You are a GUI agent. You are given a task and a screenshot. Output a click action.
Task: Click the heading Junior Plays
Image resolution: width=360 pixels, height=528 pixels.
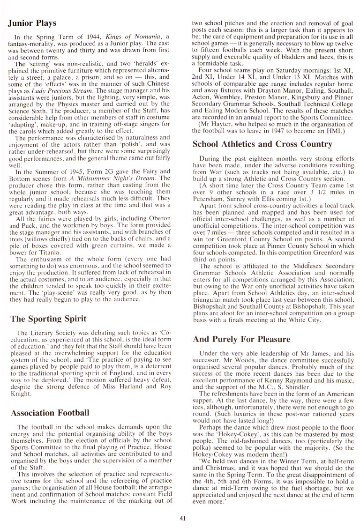pyautogui.click(x=33, y=23)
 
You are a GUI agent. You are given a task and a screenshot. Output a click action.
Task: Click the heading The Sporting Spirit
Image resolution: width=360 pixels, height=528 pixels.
pyautogui.click(x=48, y=319)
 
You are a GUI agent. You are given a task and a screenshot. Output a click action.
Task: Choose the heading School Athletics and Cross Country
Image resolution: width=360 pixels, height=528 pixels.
pyautogui.click(x=262, y=144)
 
